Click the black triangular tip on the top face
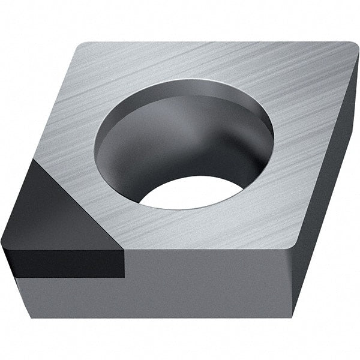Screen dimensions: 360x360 pyautogui.click(x=57, y=207)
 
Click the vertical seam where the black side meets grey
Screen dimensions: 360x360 pyautogui.click(x=125, y=264)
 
